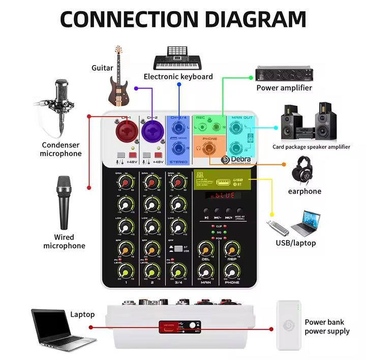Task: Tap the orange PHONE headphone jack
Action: click(208, 148)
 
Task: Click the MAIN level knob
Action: click(205, 272)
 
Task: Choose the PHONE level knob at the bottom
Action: click(232, 272)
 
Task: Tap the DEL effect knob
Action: click(205, 249)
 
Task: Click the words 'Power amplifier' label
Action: click(284, 87)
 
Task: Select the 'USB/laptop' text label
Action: click(295, 243)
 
